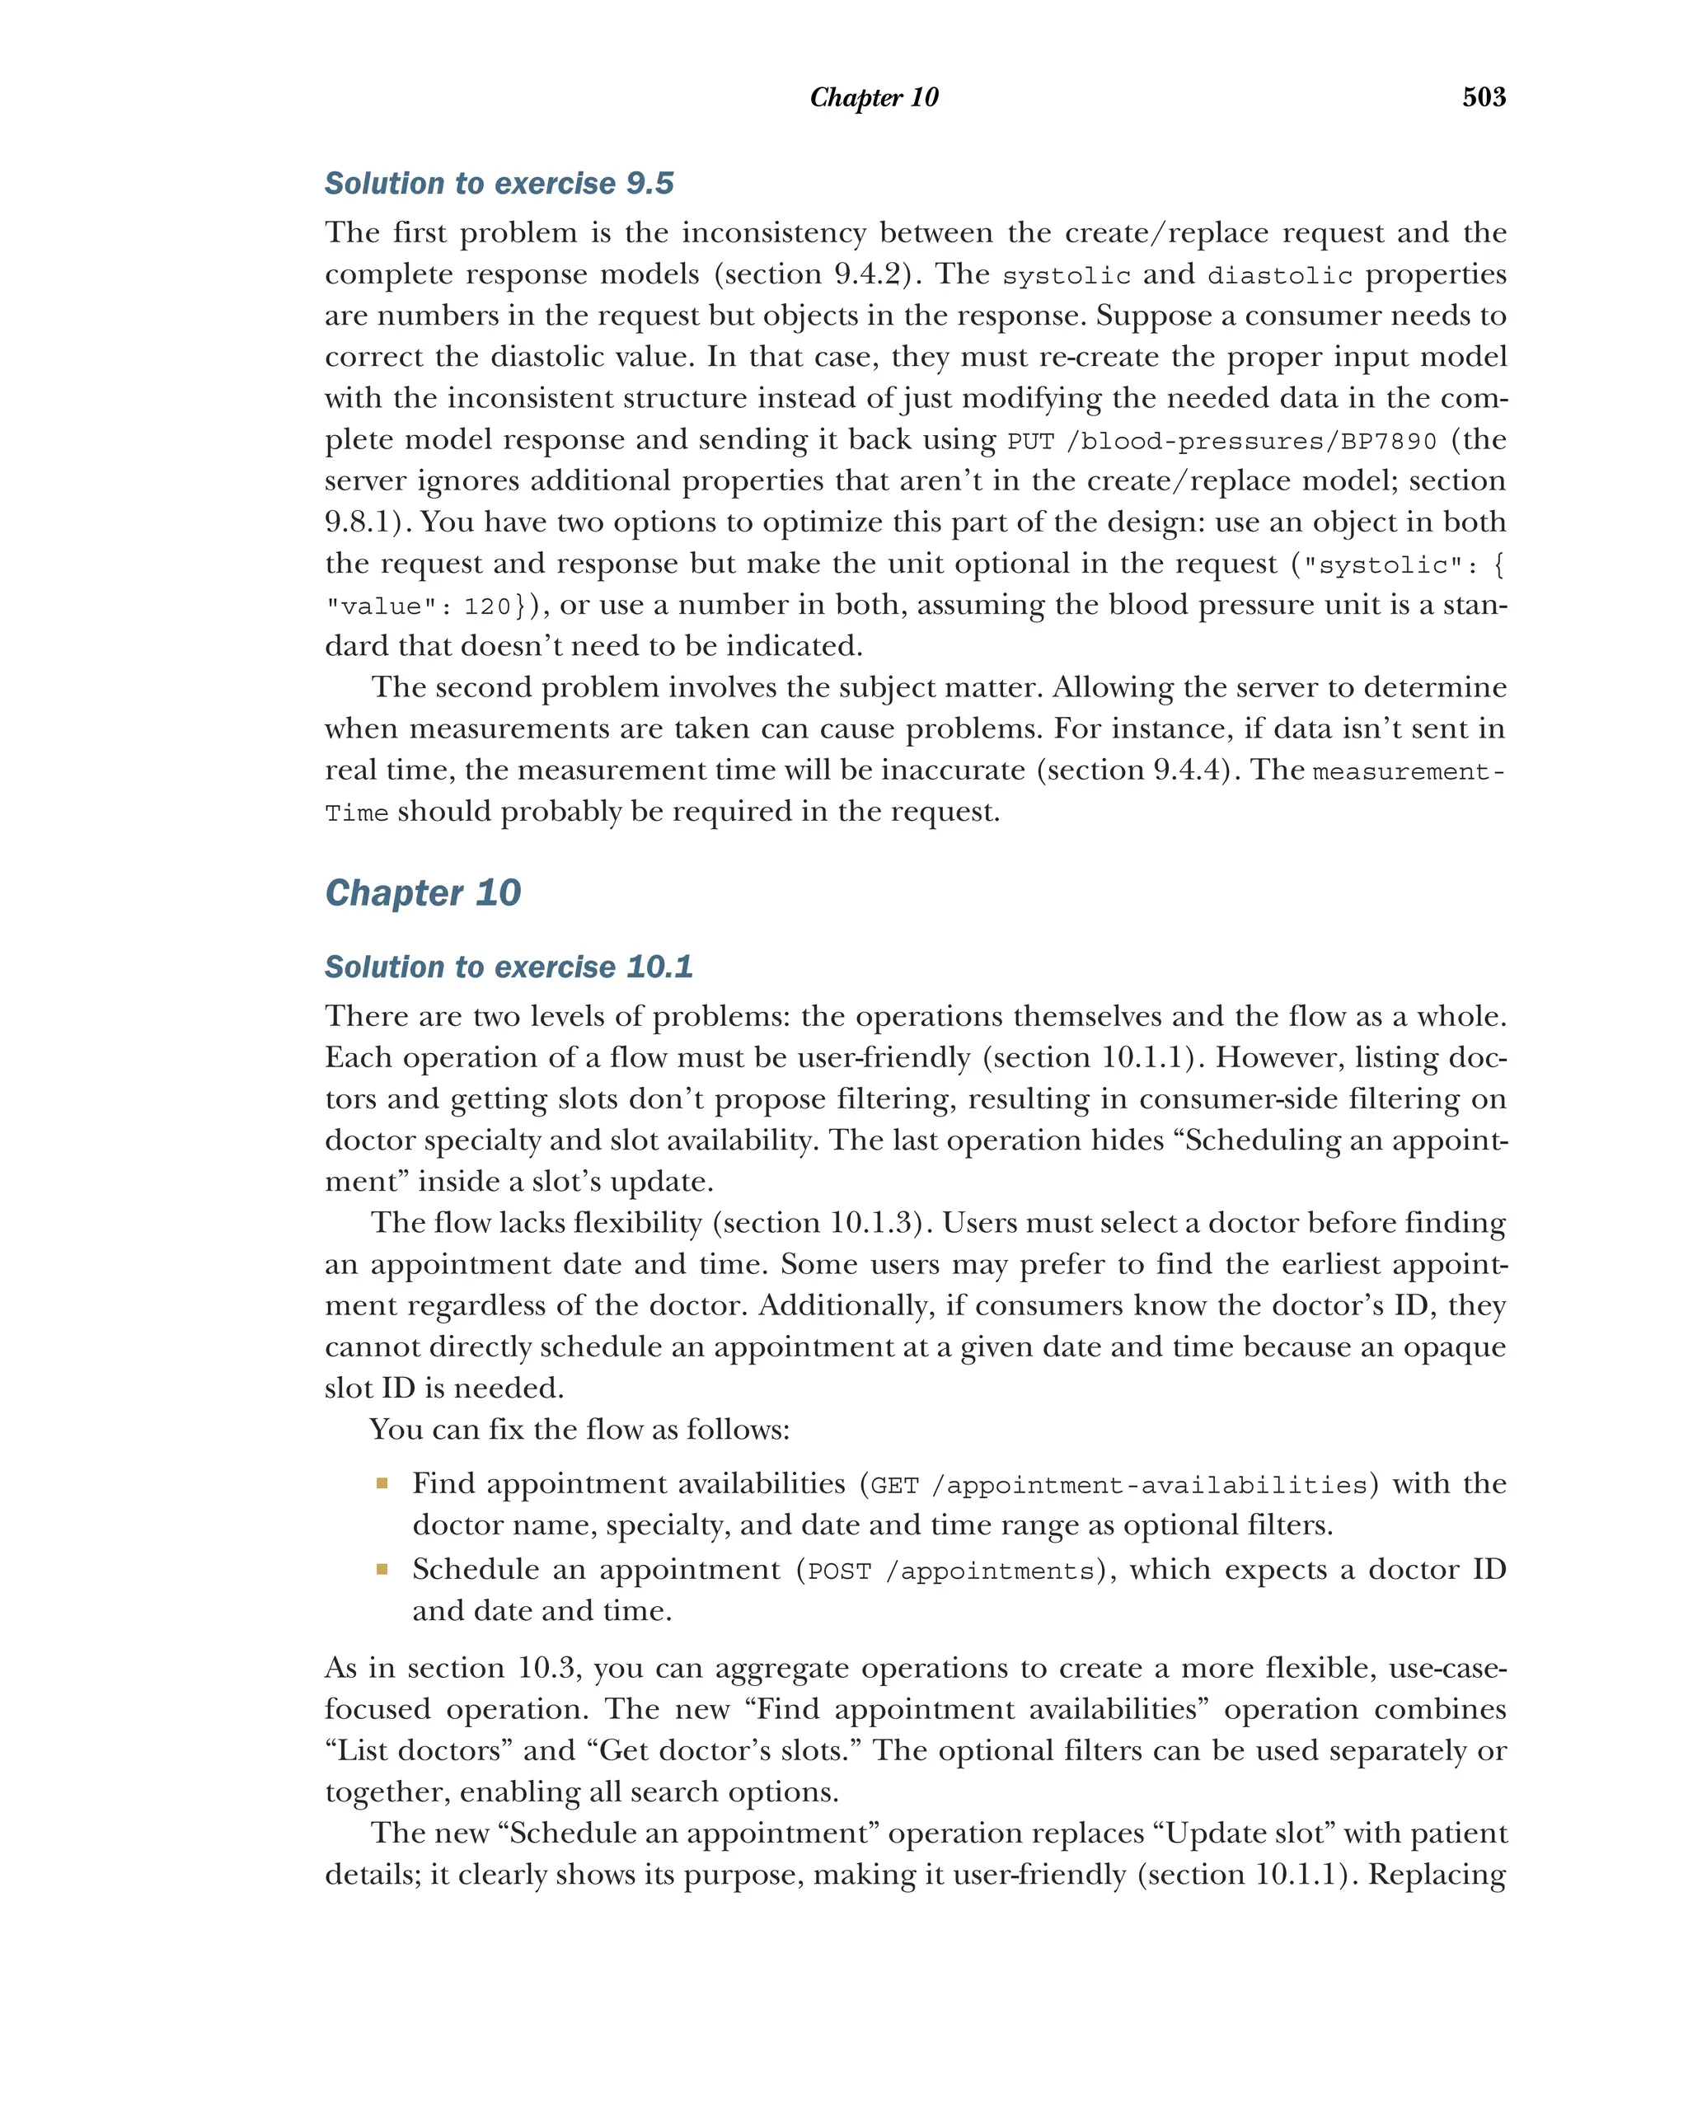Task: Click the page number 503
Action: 1483,96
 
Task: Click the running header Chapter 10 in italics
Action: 873,97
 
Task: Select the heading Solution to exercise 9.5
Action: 499,184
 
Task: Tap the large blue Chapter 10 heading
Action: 422,892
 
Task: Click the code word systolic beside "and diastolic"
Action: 1066,276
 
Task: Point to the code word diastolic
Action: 1278,276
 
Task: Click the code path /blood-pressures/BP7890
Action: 1251,441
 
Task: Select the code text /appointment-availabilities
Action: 1149,1485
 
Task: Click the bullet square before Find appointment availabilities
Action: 382,1482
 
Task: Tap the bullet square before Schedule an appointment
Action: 382,1569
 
